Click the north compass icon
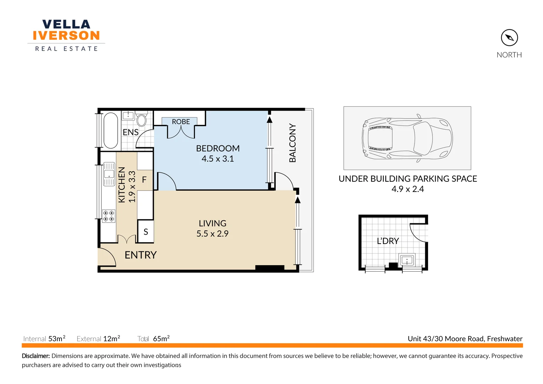click(509, 37)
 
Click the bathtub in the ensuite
click(111, 130)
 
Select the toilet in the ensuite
click(141, 119)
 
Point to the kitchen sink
click(109, 174)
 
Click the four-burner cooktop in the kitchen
click(109, 216)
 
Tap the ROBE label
click(181, 122)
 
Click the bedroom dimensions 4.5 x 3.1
click(218, 159)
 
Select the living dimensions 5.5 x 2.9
click(212, 234)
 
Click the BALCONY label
click(292, 143)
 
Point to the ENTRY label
click(141, 255)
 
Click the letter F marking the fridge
click(144, 180)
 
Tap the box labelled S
click(146, 232)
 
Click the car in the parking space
click(407, 138)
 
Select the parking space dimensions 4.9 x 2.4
click(407, 189)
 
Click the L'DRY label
click(388, 241)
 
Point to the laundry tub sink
click(407, 260)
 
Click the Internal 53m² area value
click(57, 338)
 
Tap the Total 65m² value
click(161, 338)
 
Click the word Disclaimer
click(36, 356)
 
